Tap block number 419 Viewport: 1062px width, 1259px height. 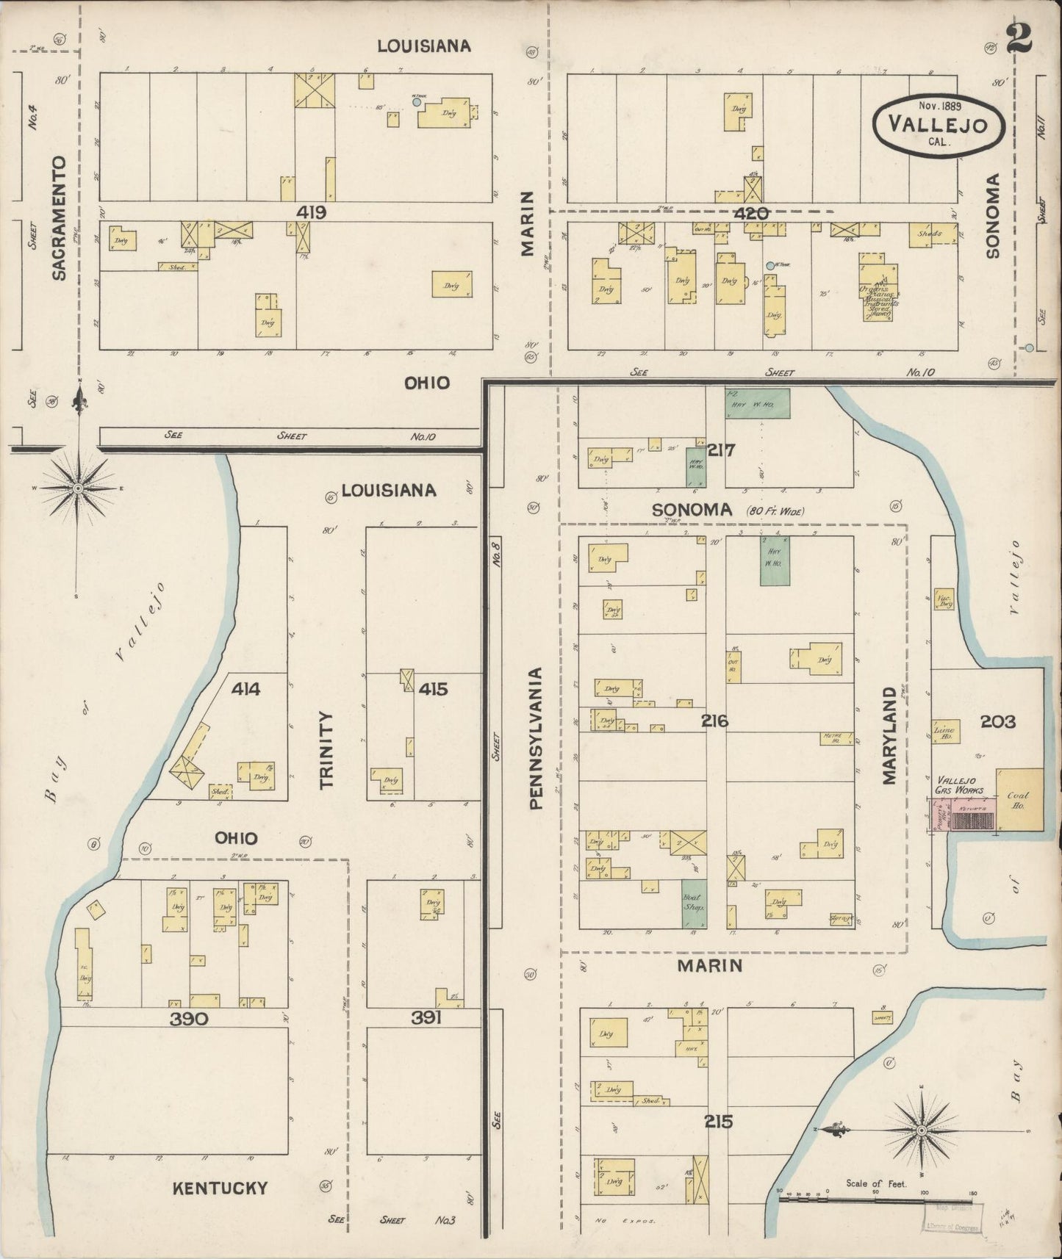(x=312, y=212)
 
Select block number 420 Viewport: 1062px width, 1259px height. (x=750, y=213)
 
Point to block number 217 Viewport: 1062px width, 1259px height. (x=720, y=450)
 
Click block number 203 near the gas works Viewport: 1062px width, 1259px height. (x=997, y=721)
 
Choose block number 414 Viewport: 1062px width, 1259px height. (x=245, y=689)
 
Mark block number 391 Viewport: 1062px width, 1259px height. (x=426, y=1017)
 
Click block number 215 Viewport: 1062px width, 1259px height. (x=717, y=1121)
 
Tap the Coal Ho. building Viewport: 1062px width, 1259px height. (x=1019, y=800)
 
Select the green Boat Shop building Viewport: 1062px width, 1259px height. (x=693, y=903)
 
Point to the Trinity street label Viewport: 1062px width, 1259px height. (x=326, y=749)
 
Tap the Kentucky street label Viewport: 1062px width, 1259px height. (x=220, y=1188)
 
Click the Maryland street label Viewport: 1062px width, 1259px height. (x=891, y=735)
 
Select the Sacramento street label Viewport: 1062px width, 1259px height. (x=60, y=217)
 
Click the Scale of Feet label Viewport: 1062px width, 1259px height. (x=876, y=1183)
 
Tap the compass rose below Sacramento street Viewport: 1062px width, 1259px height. (x=79, y=487)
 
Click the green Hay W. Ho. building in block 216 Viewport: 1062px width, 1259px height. (x=775, y=560)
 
